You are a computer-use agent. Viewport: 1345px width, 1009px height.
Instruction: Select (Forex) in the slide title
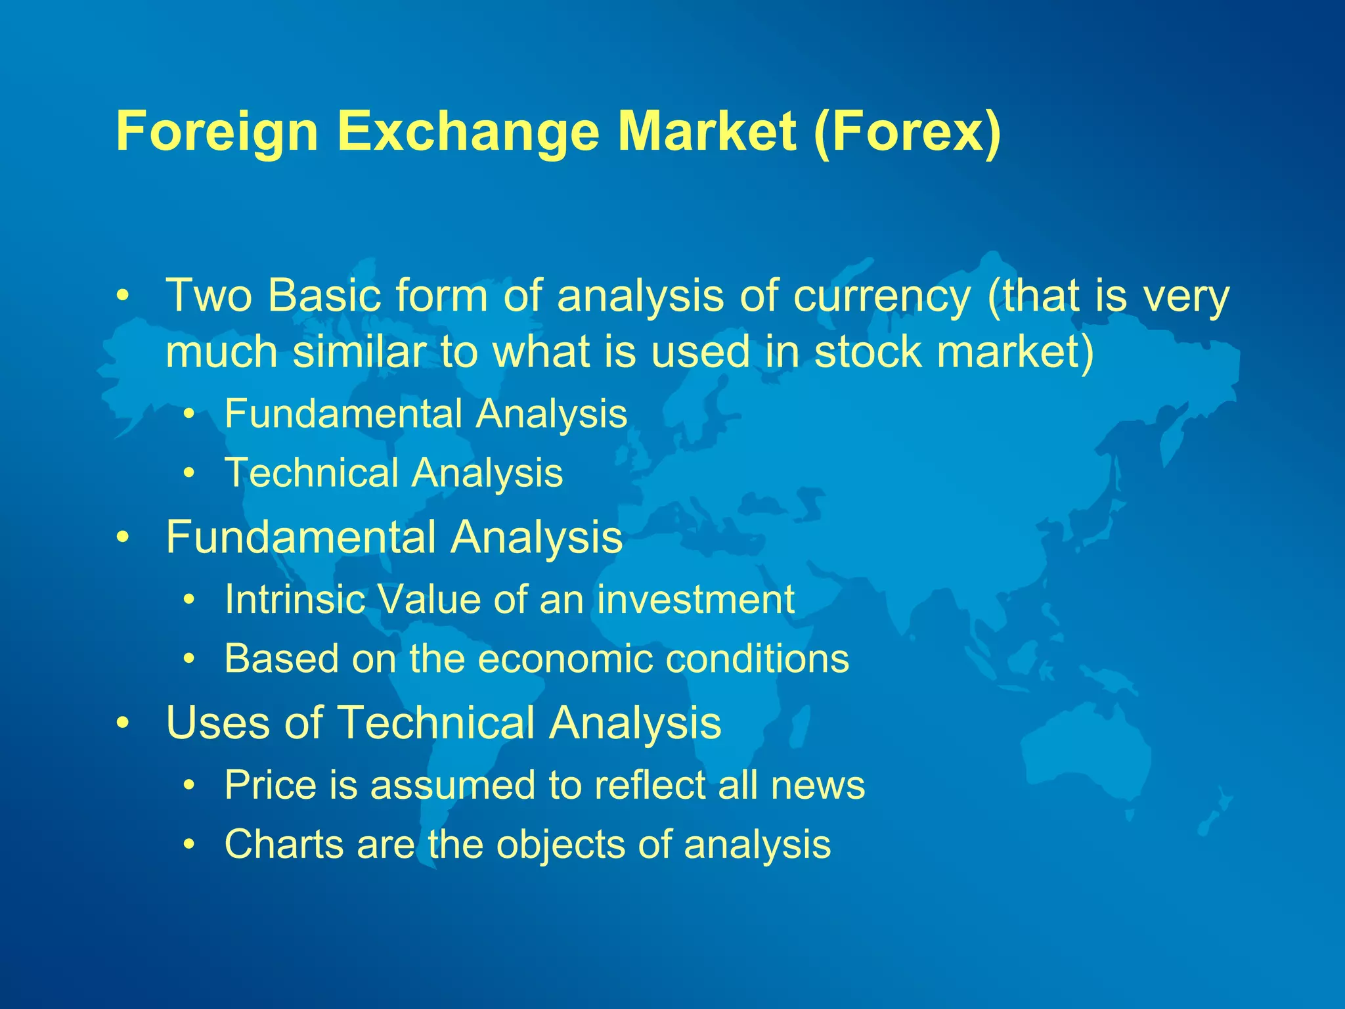[907, 133]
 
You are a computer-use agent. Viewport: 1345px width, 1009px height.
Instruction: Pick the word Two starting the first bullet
[209, 296]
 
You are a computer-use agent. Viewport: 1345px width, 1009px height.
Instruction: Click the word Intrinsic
[294, 599]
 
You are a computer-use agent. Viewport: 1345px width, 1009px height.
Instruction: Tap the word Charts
[284, 843]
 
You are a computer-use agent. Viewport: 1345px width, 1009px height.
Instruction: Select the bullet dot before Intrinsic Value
[189, 600]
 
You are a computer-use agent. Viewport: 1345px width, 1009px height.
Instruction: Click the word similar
[359, 351]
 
